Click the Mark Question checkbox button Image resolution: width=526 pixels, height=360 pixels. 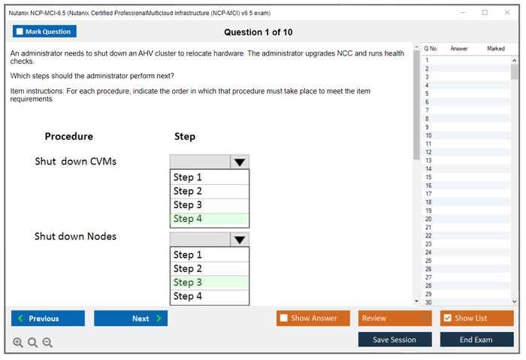click(x=44, y=32)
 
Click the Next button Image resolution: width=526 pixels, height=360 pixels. click(x=131, y=318)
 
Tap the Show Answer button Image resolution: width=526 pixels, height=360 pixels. click(x=313, y=318)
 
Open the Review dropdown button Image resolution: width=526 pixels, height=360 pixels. click(x=394, y=318)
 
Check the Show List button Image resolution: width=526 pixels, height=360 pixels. click(x=476, y=318)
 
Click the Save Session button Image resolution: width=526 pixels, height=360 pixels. click(x=394, y=340)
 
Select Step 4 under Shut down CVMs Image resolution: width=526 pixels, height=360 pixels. click(x=210, y=219)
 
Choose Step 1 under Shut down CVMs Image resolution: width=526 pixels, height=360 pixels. click(x=210, y=177)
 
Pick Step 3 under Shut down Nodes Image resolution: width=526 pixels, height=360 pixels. click(x=210, y=283)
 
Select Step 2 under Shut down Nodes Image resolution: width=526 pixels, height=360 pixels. click(x=210, y=269)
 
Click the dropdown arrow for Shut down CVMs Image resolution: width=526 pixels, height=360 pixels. click(x=240, y=162)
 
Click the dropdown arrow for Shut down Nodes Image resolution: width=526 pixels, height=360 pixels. click(x=240, y=240)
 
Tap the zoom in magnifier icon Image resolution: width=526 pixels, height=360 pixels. click(x=18, y=343)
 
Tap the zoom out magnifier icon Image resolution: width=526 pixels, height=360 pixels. click(x=47, y=343)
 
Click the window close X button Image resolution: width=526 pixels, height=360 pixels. click(x=507, y=13)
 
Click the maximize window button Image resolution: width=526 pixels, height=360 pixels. click(x=485, y=13)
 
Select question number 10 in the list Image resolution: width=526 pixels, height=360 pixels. click(x=429, y=135)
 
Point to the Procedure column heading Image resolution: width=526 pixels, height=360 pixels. click(x=69, y=136)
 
